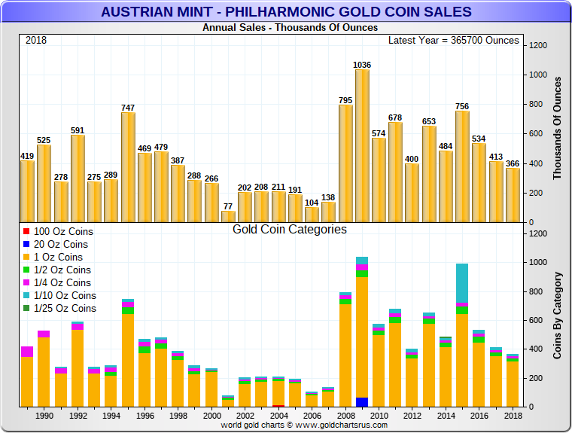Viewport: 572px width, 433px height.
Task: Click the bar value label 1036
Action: pos(362,65)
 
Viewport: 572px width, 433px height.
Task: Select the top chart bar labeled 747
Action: pos(128,166)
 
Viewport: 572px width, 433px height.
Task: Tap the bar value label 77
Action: pos(227,206)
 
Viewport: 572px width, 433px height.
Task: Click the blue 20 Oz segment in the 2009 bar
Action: pos(362,402)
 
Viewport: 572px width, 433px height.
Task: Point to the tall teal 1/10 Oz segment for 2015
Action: pos(461,283)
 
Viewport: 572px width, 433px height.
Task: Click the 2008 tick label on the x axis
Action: pos(345,416)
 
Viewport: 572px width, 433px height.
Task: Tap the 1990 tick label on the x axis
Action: pos(44,416)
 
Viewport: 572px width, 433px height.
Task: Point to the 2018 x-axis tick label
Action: pos(513,416)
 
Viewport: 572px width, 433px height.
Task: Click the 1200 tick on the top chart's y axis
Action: pos(537,46)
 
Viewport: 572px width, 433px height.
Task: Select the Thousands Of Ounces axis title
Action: pos(558,133)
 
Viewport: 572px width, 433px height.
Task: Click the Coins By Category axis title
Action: pos(558,314)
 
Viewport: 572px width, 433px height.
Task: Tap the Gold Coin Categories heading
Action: pos(290,229)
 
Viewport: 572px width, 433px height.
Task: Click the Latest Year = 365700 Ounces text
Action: pos(454,40)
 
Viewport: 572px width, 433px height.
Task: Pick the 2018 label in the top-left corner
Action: pos(36,40)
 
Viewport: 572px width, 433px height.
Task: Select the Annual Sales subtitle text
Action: pos(290,28)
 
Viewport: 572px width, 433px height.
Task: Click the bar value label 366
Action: pos(513,164)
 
